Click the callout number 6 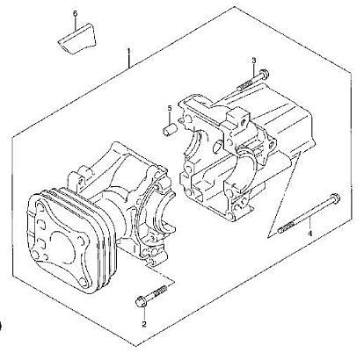[x=75, y=13]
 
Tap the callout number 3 [x=254, y=61]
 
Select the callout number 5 [x=170, y=109]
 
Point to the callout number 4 [x=309, y=234]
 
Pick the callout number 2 [x=144, y=324]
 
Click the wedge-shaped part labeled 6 [x=76, y=39]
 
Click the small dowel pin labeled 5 [x=171, y=130]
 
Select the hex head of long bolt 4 [x=335, y=198]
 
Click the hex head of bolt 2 [x=141, y=302]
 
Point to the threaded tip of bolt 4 [x=285, y=228]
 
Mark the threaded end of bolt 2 [x=160, y=291]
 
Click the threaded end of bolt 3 [x=244, y=86]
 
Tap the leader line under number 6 [x=76, y=24]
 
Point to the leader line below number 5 [x=170, y=119]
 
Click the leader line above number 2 [x=144, y=313]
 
